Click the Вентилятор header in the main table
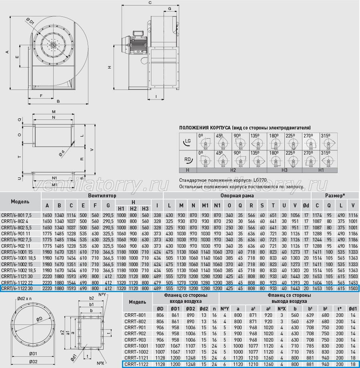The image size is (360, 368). [102, 195]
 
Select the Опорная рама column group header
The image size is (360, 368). [237, 195]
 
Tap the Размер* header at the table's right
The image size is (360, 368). [335, 195]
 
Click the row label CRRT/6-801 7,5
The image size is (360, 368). [16, 215]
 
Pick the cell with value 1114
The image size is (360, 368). [71, 215]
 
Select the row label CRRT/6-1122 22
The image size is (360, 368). [17, 282]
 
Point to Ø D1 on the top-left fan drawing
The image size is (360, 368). [30, 21]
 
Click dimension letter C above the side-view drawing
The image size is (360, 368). [150, 3]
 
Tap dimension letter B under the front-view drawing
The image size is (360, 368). [58, 101]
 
